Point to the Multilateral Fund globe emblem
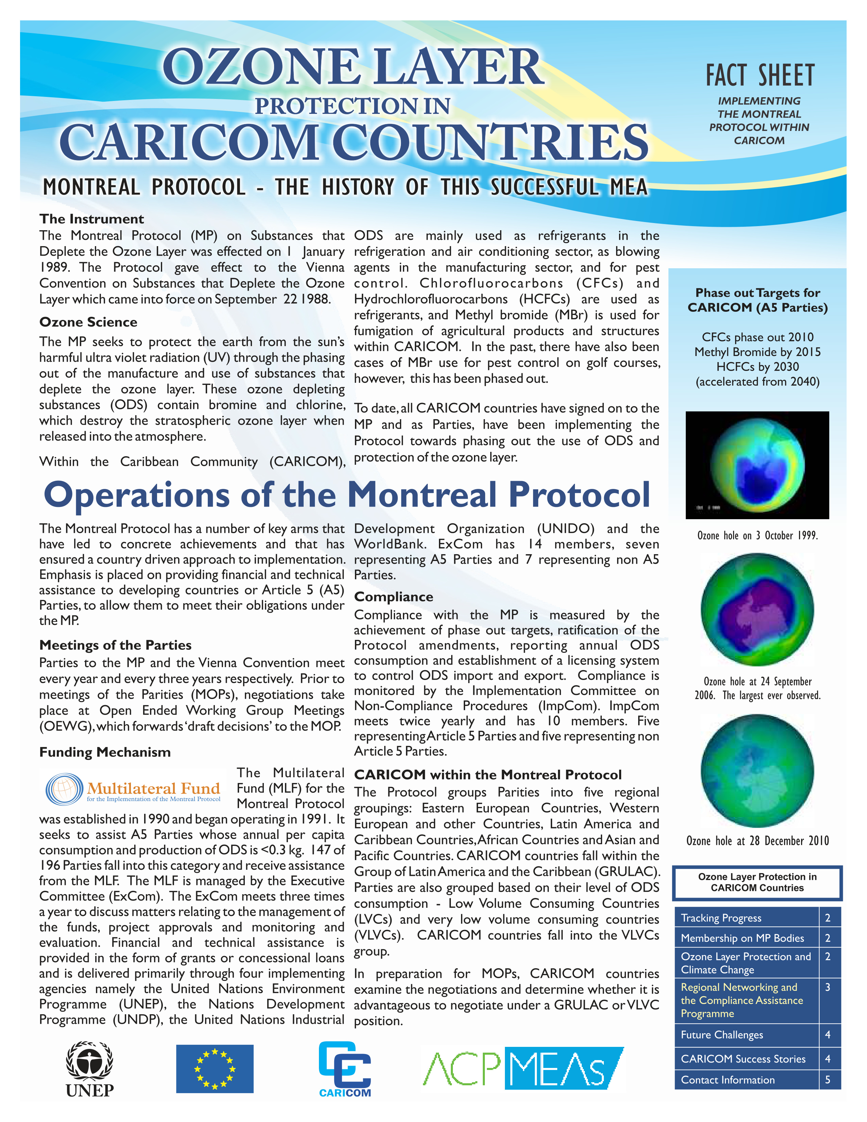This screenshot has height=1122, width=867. point(64,788)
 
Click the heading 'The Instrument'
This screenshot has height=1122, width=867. point(91,219)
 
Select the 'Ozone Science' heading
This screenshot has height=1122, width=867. point(88,322)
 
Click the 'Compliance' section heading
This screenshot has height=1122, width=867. point(393,596)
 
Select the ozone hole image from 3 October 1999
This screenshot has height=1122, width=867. point(757,465)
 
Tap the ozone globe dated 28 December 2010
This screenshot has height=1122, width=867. point(757,770)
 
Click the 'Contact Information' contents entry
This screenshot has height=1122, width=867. point(727,1080)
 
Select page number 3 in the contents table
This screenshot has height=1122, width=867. point(828,987)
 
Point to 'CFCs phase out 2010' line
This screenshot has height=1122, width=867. point(758,337)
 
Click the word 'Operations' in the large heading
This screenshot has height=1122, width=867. point(137,495)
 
